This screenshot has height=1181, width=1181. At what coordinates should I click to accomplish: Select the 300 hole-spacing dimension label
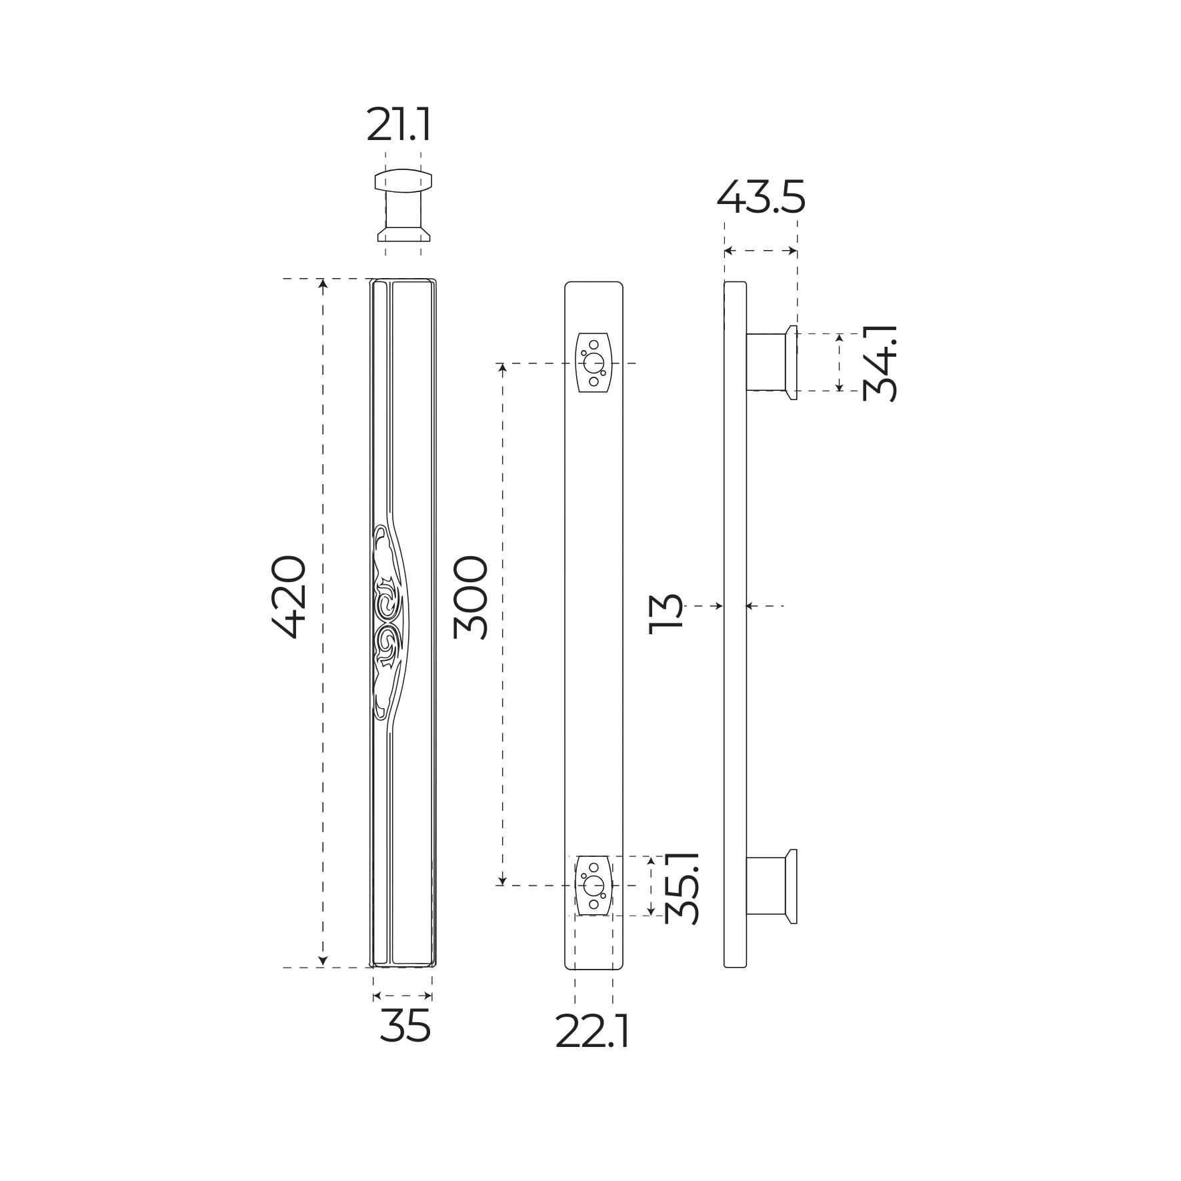point(470,598)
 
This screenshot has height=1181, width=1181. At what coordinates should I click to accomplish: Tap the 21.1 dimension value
point(399,125)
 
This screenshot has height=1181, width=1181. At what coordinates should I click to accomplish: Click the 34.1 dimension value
point(880,363)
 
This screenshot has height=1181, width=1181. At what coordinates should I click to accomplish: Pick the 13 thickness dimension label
point(666,611)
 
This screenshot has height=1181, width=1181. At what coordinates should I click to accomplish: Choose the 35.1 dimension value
point(682,886)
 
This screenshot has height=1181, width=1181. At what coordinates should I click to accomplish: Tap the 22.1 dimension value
point(592,1033)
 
